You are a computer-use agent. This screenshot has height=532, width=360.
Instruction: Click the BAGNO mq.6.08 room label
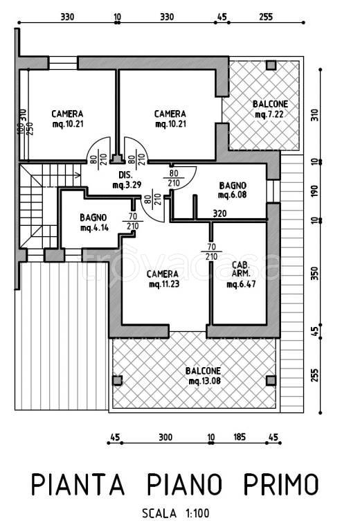[233, 190]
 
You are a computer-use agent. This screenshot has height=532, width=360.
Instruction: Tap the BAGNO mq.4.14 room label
[94, 222]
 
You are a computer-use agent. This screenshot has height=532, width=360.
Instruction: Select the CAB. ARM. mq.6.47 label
[241, 274]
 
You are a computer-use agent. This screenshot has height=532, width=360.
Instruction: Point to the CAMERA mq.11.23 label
[163, 279]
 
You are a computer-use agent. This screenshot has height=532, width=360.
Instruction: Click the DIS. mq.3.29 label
[127, 180]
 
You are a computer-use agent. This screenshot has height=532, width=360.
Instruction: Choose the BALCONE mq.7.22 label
[270, 109]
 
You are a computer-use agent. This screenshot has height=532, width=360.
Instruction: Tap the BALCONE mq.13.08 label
[204, 375]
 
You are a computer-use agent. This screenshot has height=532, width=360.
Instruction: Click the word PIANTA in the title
[78, 484]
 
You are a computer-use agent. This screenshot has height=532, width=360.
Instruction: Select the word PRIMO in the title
[281, 484]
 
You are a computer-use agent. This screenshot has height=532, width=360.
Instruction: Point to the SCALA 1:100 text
[176, 513]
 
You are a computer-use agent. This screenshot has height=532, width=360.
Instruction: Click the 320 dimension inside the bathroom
[219, 213]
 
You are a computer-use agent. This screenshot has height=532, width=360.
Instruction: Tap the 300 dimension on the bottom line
[165, 437]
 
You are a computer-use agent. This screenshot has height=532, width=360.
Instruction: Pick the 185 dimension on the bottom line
[240, 437]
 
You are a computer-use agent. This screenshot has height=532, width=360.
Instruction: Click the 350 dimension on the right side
[315, 274]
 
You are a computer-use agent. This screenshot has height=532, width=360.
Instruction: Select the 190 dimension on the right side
[315, 191]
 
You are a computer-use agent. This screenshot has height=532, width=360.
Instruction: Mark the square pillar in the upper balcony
[271, 65]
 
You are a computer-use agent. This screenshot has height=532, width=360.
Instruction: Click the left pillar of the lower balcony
[117, 381]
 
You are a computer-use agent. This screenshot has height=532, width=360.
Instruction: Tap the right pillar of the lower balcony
[271, 381]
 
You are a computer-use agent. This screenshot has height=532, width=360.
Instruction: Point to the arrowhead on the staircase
[78, 175]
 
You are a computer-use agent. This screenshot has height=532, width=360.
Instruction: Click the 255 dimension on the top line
[266, 17]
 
